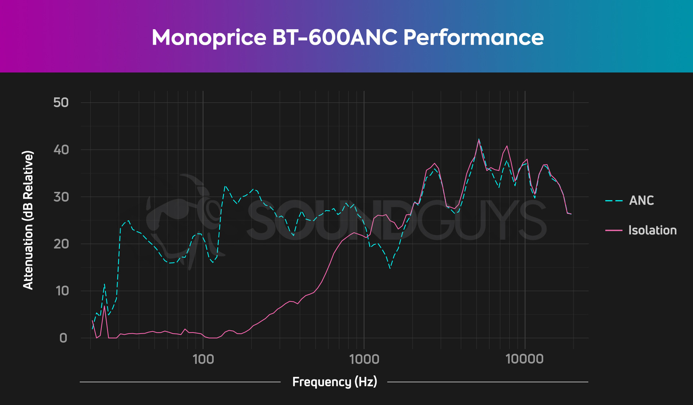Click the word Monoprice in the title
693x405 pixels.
pos(209,38)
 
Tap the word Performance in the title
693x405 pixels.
pos(473,38)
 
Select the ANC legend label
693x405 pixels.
pos(641,201)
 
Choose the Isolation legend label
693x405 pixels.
pos(652,230)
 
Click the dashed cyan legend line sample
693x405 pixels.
pos(614,201)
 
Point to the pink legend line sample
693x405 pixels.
pos(614,230)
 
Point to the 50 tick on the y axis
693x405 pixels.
pos(61,103)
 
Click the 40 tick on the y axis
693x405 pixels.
pos(61,150)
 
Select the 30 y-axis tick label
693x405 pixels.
pos(61,197)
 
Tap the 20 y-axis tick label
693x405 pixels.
pos(61,244)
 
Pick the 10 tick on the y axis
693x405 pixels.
pos(62,291)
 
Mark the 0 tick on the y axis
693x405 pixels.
pos(63,338)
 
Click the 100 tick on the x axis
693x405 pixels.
pos(203,359)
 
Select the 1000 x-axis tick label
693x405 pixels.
pos(364,359)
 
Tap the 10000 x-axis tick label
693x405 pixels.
pos(524,359)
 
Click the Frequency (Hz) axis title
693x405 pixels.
pos(335,382)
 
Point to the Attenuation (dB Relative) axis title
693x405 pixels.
pos(28,220)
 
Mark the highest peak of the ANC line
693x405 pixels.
pos(479,139)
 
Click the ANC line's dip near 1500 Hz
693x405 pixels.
pos(390,268)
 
